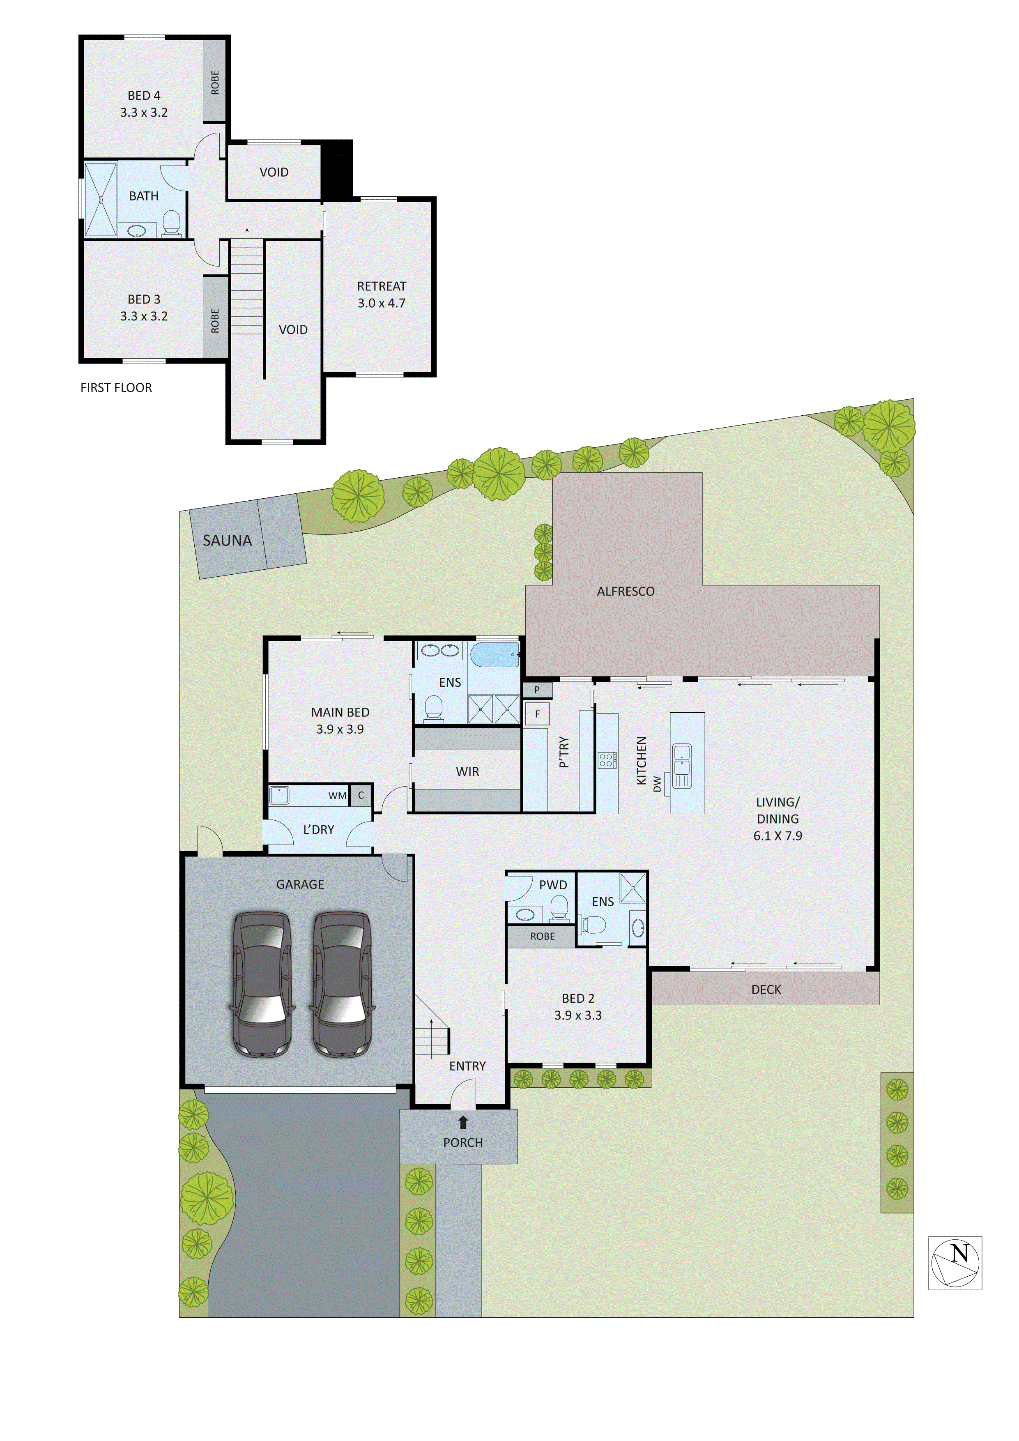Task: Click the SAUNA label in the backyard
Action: tap(227, 541)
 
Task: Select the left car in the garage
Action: tap(262, 984)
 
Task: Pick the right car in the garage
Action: tap(342, 984)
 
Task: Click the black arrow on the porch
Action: tap(463, 1121)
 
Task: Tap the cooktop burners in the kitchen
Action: tap(606, 761)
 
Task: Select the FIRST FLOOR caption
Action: tap(116, 388)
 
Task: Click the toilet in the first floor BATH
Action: tap(171, 223)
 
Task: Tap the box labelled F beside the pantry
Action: tap(537, 714)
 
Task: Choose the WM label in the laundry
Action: tap(337, 796)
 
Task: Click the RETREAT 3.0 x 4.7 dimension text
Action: tap(382, 303)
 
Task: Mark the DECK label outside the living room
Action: tap(766, 990)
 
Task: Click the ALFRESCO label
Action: tap(626, 591)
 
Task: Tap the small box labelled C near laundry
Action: tap(361, 795)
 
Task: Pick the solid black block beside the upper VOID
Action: tap(336, 170)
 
